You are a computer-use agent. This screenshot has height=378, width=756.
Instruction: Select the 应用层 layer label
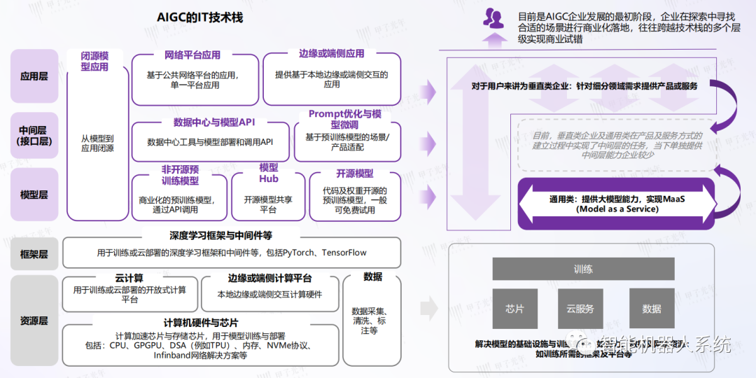pyautogui.click(x=34, y=76)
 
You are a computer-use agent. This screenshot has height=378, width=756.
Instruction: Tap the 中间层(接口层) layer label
pyautogui.click(x=34, y=135)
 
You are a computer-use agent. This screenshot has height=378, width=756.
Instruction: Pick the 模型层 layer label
pyautogui.click(x=34, y=195)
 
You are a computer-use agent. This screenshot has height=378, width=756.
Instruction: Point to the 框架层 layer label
pyautogui.click(x=34, y=254)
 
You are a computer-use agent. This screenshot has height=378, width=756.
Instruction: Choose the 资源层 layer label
pyautogui.click(x=34, y=321)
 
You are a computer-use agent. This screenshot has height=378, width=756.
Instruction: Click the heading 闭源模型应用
pyautogui.click(x=95, y=62)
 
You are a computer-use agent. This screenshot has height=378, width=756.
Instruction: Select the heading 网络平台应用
pyautogui.click(x=192, y=55)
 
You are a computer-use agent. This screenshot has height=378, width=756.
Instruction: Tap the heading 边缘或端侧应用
pyautogui.click(x=331, y=54)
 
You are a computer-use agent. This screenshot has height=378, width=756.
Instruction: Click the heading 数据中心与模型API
pyautogui.click(x=209, y=122)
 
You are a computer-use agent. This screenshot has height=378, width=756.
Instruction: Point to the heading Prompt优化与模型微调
pyautogui.click(x=346, y=118)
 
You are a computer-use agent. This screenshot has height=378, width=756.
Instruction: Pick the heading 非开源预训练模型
pyautogui.click(x=180, y=175)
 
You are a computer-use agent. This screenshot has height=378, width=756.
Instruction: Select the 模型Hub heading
pyautogui.click(x=269, y=173)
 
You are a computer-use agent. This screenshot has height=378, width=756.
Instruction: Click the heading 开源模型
pyautogui.click(x=354, y=174)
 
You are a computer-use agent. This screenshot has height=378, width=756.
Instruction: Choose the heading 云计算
pyautogui.click(x=129, y=278)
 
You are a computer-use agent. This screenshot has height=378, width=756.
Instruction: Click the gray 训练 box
pyautogui.click(x=583, y=269)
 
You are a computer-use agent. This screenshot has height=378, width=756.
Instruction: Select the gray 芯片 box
pyautogui.click(x=514, y=309)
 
